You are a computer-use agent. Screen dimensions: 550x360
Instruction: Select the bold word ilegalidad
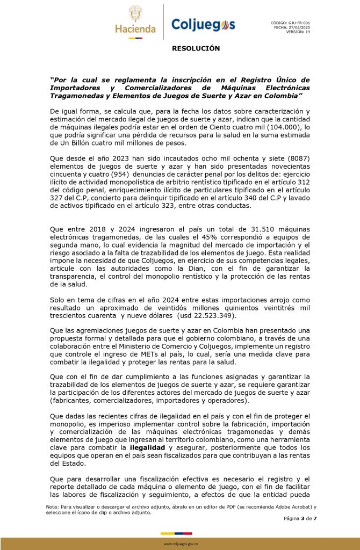tap(147, 447)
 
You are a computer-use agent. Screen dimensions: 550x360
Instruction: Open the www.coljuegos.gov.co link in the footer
tap(181, 544)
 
